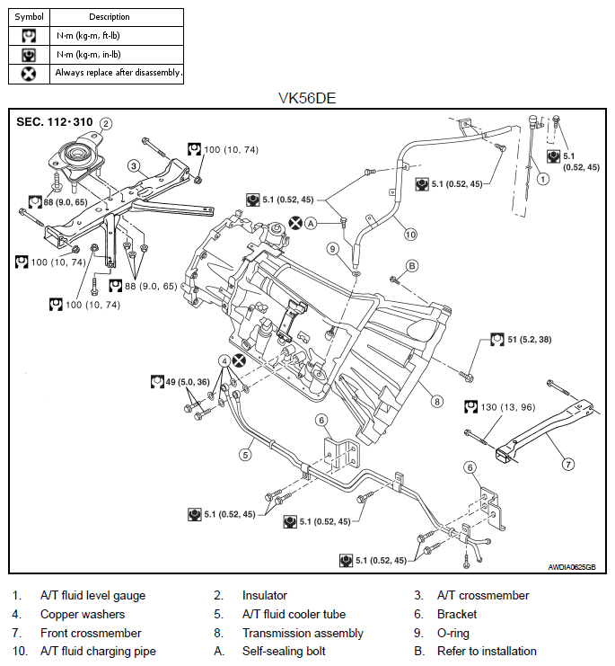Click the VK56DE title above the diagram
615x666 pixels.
(307, 98)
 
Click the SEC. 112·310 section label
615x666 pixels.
(54, 122)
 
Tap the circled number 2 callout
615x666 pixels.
(106, 124)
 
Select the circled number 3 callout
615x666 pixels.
(134, 165)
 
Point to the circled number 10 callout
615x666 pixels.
(410, 234)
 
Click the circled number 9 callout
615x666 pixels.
(333, 249)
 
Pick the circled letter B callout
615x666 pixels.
(412, 266)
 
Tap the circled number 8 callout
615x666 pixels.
(437, 402)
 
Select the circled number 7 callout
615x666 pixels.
(568, 465)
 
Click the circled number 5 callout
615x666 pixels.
(246, 455)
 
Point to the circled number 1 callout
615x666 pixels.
(543, 179)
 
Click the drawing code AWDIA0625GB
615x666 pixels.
(572, 567)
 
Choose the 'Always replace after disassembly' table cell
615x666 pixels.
(117, 74)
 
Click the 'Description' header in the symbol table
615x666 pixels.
(110, 17)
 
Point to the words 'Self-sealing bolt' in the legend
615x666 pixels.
(284, 651)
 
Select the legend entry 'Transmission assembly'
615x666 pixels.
(303, 633)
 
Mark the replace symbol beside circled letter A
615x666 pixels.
(295, 223)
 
